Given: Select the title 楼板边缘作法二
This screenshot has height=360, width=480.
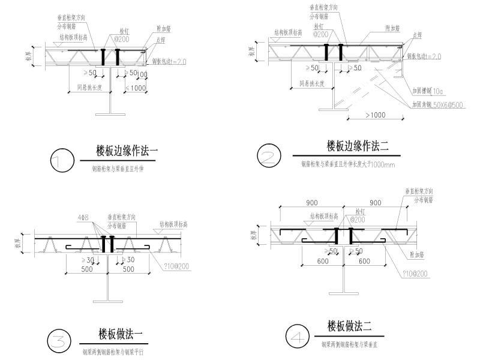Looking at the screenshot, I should [358, 145].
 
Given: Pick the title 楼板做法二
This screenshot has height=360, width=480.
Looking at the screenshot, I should [350, 327].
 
